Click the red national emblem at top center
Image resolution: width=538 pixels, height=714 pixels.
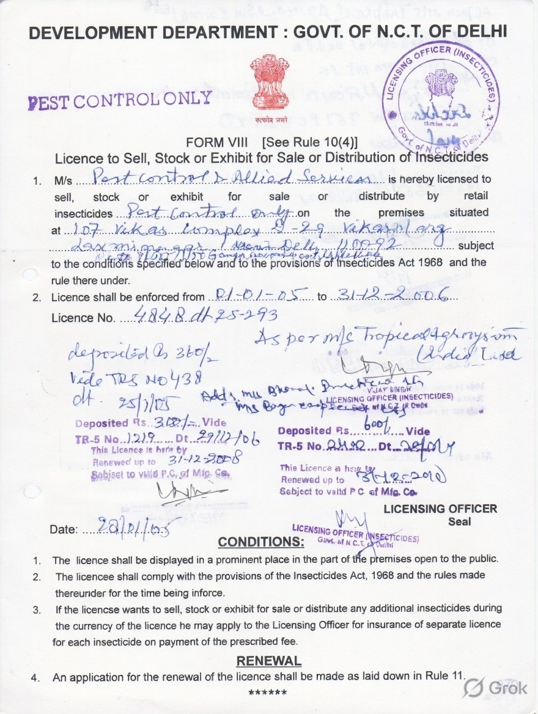tap(269, 86)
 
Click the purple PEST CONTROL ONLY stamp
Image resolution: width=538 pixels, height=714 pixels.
tap(120, 100)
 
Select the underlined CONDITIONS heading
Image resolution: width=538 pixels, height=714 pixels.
tap(260, 542)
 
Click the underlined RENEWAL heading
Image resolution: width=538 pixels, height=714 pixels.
tap(268, 661)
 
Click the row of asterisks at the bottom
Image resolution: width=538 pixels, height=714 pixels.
tap(268, 693)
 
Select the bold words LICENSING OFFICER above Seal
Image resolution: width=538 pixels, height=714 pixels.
tap(440, 509)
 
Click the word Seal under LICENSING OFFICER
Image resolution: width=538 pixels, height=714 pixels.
tap(459, 521)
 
